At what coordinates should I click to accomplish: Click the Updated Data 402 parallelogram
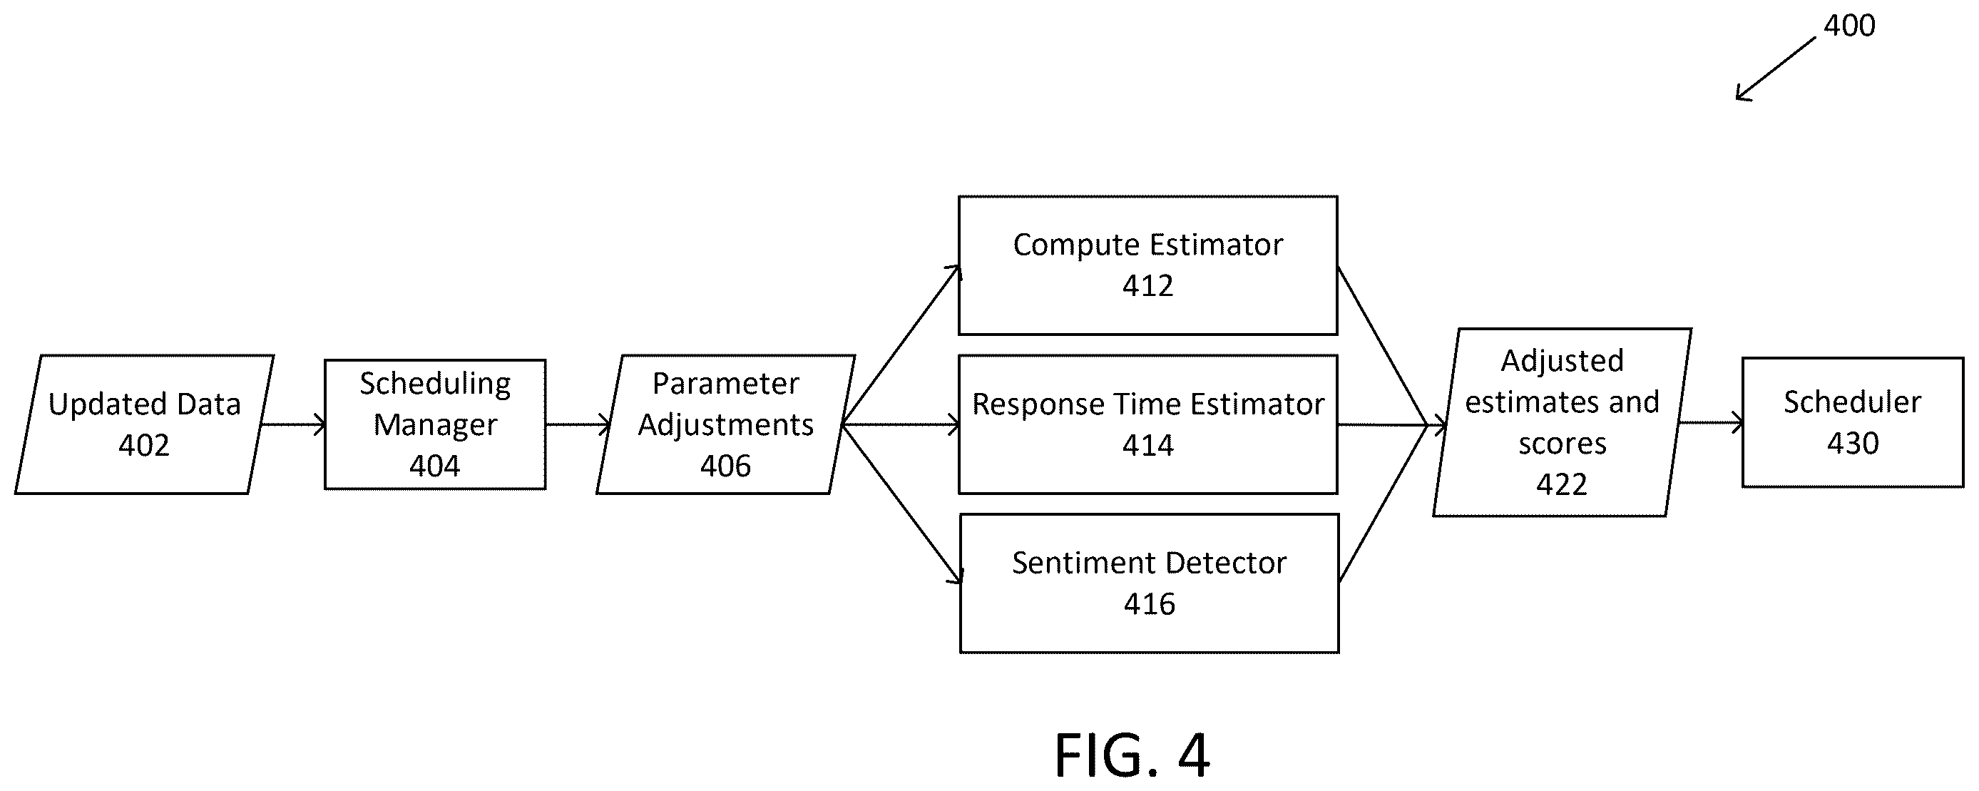click(x=145, y=424)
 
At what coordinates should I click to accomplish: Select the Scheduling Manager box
click(x=435, y=424)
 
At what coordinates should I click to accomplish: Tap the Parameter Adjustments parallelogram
click(x=726, y=424)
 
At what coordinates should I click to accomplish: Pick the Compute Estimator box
click(x=1147, y=265)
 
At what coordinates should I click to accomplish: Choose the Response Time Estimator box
click(x=1147, y=424)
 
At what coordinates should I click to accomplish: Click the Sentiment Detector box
click(x=1150, y=583)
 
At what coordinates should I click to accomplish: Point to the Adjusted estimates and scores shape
click(x=1562, y=423)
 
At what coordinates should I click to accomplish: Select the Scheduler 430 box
click(x=1852, y=422)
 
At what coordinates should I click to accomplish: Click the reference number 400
click(x=1849, y=26)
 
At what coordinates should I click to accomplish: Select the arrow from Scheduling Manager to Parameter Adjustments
click(x=578, y=424)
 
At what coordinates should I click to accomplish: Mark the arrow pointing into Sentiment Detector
click(x=902, y=504)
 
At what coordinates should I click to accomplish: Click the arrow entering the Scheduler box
click(x=1710, y=423)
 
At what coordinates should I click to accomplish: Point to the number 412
click(x=1147, y=286)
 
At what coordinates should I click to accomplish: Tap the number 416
click(x=1150, y=604)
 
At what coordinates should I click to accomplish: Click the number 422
click(x=1562, y=485)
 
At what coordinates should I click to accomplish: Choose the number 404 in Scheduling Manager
click(x=435, y=466)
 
